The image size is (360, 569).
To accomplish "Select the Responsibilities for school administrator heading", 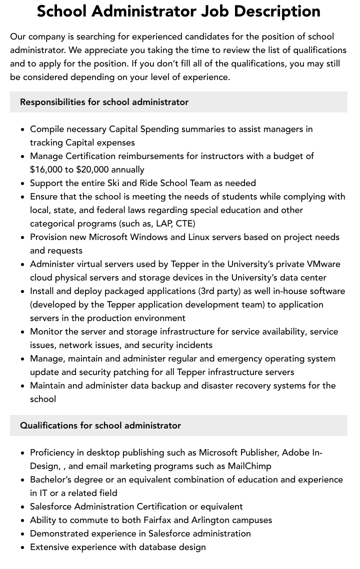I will [x=104, y=102].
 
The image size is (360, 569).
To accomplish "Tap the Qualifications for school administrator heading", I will [x=100, y=425].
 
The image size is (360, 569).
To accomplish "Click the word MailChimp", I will [x=249, y=466].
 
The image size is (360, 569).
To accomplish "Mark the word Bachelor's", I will [x=51, y=479].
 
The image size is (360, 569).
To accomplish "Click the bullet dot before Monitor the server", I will [x=22, y=332].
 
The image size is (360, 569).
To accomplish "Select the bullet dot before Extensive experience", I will [x=22, y=547].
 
